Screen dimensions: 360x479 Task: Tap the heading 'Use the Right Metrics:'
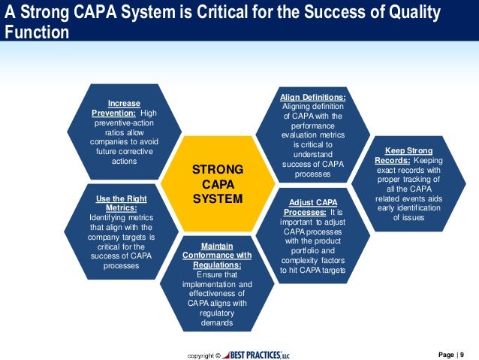(121, 203)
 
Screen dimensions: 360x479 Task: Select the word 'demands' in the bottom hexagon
(217, 322)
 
